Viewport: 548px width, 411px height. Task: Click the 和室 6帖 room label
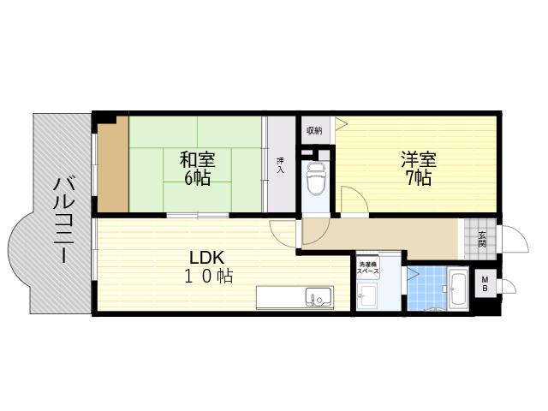point(197,168)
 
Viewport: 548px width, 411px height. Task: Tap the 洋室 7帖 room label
point(419,168)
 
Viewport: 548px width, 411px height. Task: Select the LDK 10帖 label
point(208,266)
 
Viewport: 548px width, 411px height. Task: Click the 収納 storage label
point(314,131)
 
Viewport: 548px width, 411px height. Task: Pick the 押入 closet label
point(280,165)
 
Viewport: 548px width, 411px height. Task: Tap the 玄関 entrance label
point(482,240)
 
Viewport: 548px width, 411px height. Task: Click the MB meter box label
point(485,283)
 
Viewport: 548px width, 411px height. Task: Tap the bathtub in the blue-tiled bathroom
point(458,288)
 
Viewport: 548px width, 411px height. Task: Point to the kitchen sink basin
point(319,296)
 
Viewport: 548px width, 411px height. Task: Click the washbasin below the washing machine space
point(367,295)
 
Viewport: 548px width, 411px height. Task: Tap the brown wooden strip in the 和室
point(113,164)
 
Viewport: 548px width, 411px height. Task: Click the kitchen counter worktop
point(295,297)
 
